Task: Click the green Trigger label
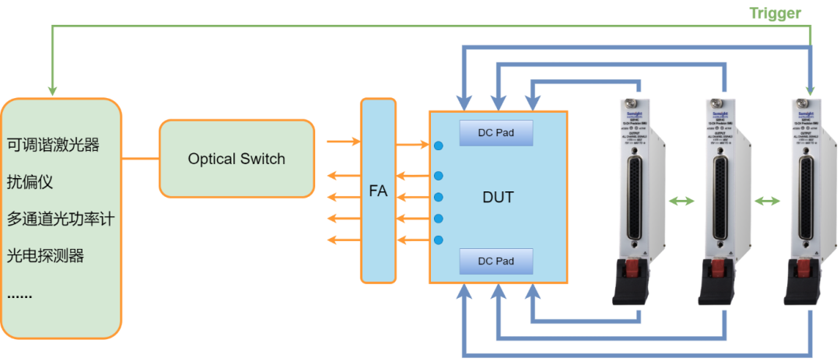click(775, 13)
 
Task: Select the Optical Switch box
click(236, 159)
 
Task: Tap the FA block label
click(379, 191)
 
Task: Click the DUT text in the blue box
click(498, 198)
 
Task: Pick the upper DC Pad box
click(496, 133)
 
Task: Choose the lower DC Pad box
click(496, 261)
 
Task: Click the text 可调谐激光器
click(54, 145)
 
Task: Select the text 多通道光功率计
click(61, 219)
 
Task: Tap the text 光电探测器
click(46, 255)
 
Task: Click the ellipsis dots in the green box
click(19, 294)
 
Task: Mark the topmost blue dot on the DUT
click(439, 145)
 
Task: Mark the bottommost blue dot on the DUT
click(439, 240)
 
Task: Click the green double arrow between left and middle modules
click(682, 202)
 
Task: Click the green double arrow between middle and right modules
click(768, 202)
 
